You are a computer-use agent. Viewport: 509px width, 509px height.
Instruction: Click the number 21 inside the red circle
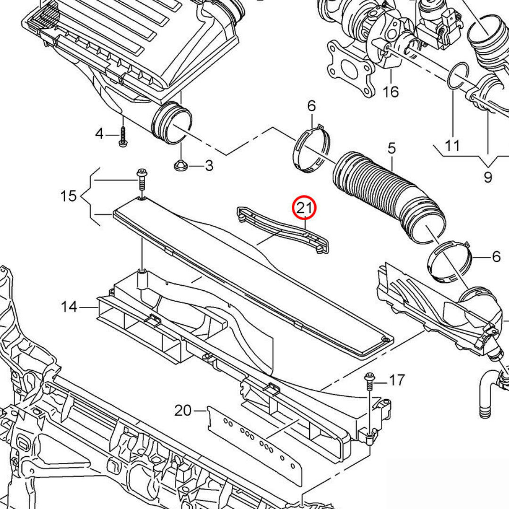tap(304, 207)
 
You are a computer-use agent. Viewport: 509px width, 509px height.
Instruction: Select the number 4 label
tap(99, 134)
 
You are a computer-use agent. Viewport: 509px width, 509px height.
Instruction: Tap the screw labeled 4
tap(123, 137)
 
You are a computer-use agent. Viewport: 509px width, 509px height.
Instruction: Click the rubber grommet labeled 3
tap(181, 165)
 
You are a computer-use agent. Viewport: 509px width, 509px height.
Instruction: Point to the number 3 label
tap(208, 165)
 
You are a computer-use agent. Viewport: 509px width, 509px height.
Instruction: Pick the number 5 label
tap(392, 149)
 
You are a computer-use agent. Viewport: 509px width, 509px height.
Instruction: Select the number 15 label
tap(69, 195)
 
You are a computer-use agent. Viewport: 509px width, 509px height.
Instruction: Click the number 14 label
tap(69, 307)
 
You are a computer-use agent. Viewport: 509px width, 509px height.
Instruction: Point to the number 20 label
tap(183, 411)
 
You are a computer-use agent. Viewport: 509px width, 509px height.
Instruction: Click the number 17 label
tap(396, 379)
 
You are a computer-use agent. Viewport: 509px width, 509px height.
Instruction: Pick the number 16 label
tap(391, 91)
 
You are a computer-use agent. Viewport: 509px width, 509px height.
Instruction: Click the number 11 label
tap(452, 145)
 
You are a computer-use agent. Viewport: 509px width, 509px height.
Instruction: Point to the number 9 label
tap(487, 177)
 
